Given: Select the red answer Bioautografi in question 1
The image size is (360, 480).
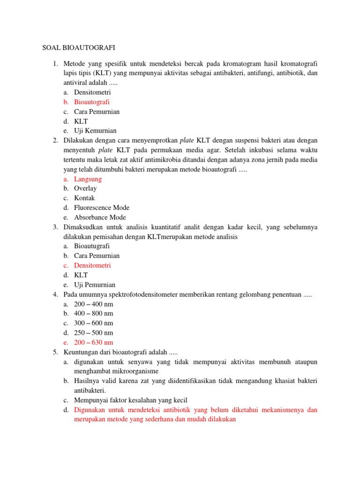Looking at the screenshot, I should coord(92,102).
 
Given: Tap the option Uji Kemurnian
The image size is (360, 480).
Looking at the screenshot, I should coord(95,131).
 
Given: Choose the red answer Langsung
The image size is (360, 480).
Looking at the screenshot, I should coord(88,179).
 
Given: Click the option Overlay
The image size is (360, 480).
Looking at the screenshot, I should coord(85,188).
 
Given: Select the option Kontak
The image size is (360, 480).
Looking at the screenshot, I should coord(84,198).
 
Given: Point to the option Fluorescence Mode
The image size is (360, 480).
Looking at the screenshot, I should coord(102,208).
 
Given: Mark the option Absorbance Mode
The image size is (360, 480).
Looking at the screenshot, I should coord(100,217).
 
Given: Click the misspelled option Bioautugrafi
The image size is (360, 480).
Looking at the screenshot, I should coord(92,246).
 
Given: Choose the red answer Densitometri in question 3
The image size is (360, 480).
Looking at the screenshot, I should coord(92,265).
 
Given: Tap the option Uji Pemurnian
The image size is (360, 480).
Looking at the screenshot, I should coord(95,285).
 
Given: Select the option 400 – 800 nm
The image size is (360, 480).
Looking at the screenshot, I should coord(93,313).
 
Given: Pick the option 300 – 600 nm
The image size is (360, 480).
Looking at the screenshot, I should coord(93,323).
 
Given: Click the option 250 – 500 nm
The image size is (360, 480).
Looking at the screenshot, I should coord(93,333).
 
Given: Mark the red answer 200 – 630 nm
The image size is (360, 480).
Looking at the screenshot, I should coord(93,342).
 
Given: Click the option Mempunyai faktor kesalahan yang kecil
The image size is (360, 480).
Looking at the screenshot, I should coord(130,400).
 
